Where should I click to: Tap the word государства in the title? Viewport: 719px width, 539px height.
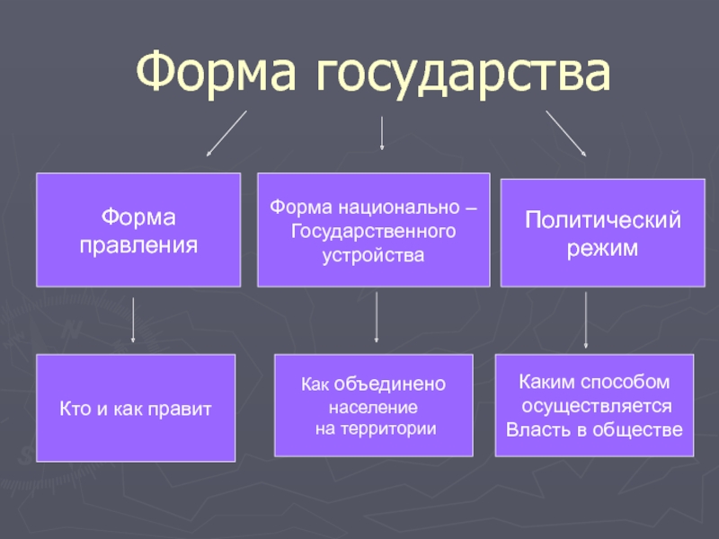[x=464, y=75]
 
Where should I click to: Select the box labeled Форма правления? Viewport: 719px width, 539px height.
[x=138, y=230]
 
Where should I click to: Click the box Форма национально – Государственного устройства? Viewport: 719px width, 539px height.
[x=374, y=230]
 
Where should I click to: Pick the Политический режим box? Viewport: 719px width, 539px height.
[x=602, y=233]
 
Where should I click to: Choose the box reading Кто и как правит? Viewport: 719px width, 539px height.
[x=136, y=408]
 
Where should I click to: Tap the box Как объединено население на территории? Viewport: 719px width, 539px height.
[x=374, y=405]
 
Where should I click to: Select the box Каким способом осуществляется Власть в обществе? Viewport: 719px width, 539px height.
[x=594, y=405]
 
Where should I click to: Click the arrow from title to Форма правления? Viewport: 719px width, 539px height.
[x=226, y=133]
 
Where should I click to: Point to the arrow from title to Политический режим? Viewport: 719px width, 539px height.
[x=566, y=133]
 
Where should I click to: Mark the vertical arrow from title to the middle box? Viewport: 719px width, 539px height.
[x=381, y=133]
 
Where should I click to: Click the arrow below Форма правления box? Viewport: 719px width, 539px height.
[x=133, y=320]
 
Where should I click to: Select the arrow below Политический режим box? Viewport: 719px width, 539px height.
[x=586, y=320]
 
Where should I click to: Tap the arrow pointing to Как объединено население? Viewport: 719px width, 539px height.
[x=377, y=317]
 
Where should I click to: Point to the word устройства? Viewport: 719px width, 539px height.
[x=373, y=256]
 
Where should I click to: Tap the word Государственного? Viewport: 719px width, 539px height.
[x=373, y=232]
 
